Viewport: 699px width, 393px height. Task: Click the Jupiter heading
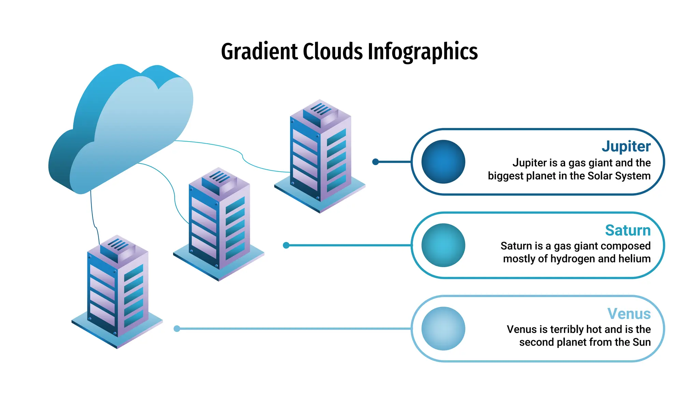pos(626,146)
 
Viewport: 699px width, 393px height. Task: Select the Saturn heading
pos(628,230)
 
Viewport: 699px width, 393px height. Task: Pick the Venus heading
pos(629,314)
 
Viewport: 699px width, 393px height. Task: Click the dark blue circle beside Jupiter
pos(443,162)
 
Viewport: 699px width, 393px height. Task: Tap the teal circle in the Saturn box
pos(443,245)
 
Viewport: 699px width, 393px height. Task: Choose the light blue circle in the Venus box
pos(443,329)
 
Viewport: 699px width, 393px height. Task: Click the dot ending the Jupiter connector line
pos(375,162)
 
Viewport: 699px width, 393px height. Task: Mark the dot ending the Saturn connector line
pos(286,245)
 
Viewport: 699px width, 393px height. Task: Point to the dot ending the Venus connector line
pos(177,329)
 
